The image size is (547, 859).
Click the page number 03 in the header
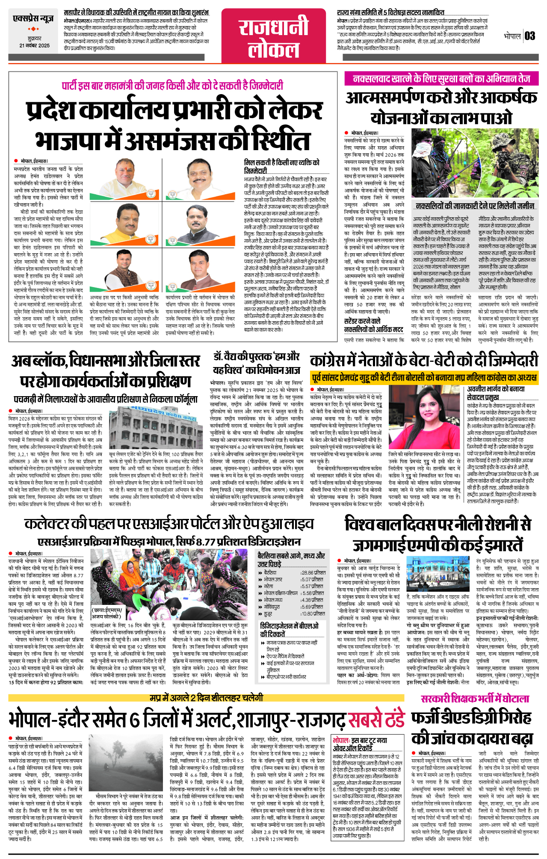(529, 36)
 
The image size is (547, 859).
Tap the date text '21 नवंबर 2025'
(34, 45)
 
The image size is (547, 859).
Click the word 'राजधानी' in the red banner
(273, 27)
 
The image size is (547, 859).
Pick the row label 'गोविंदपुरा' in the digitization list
(272, 607)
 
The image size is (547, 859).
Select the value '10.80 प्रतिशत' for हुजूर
(313, 613)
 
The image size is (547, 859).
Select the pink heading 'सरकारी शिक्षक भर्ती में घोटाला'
(475, 699)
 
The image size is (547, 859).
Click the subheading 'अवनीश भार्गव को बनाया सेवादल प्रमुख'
(496, 393)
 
